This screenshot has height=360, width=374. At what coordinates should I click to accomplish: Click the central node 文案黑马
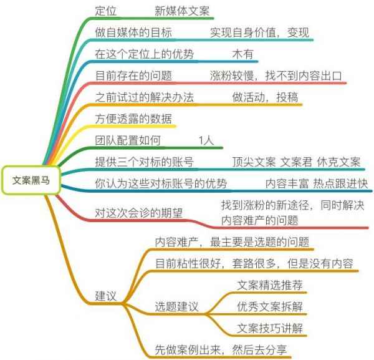(31, 180)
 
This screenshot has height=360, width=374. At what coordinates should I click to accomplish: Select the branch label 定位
(105, 11)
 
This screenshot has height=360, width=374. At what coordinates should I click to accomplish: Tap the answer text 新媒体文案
(182, 11)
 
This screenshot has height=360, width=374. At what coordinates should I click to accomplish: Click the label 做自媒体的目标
(133, 32)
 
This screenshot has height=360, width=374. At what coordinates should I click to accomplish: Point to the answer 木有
(242, 54)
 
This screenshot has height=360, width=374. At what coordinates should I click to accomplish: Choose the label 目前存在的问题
(133, 75)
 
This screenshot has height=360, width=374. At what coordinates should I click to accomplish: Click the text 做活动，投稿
(265, 97)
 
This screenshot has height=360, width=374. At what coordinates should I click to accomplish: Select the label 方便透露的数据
(133, 119)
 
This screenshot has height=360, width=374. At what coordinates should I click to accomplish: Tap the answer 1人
(206, 140)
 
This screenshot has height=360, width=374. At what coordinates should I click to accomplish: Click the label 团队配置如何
(128, 140)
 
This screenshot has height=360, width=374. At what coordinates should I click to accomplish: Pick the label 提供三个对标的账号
(144, 162)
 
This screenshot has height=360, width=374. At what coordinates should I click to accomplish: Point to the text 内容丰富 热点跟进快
(317, 183)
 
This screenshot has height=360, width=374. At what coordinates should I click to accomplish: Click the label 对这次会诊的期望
(138, 213)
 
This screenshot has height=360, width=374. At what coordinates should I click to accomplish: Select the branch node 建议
(105, 296)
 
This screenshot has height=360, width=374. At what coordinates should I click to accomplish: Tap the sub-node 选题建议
(176, 306)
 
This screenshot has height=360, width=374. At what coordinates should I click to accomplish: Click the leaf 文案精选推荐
(270, 285)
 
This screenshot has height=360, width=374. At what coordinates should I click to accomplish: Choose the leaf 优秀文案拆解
(270, 306)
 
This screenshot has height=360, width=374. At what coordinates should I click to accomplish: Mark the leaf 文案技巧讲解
(270, 328)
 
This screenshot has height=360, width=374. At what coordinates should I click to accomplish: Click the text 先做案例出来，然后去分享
(221, 350)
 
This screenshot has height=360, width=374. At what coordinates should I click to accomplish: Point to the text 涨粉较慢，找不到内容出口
(276, 75)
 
